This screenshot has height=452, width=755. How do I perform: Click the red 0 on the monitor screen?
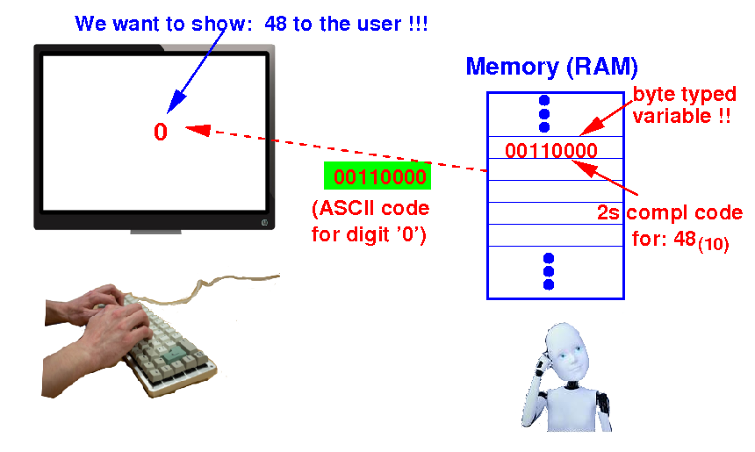tap(161, 132)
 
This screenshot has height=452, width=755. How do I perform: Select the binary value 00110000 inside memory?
tap(550, 151)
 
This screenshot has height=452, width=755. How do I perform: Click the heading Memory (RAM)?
tap(552, 67)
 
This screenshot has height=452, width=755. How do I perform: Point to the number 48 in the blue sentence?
tap(276, 24)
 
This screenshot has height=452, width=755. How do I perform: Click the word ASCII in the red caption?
tap(347, 208)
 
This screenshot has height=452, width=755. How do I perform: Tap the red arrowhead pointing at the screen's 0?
tap(198, 130)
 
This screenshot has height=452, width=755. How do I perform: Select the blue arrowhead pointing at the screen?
tap(176, 102)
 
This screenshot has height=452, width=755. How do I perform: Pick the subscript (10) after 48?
tap(713, 245)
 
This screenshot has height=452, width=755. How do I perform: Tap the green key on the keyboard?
tap(172, 355)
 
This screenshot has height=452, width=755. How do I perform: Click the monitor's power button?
tap(264, 222)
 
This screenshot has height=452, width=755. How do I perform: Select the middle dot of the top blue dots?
tap(544, 113)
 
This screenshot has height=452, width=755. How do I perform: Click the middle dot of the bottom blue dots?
tap(549, 271)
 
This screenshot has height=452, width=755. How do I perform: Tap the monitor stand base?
tap(155, 232)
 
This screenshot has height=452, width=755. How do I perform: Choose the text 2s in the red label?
tap(608, 212)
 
